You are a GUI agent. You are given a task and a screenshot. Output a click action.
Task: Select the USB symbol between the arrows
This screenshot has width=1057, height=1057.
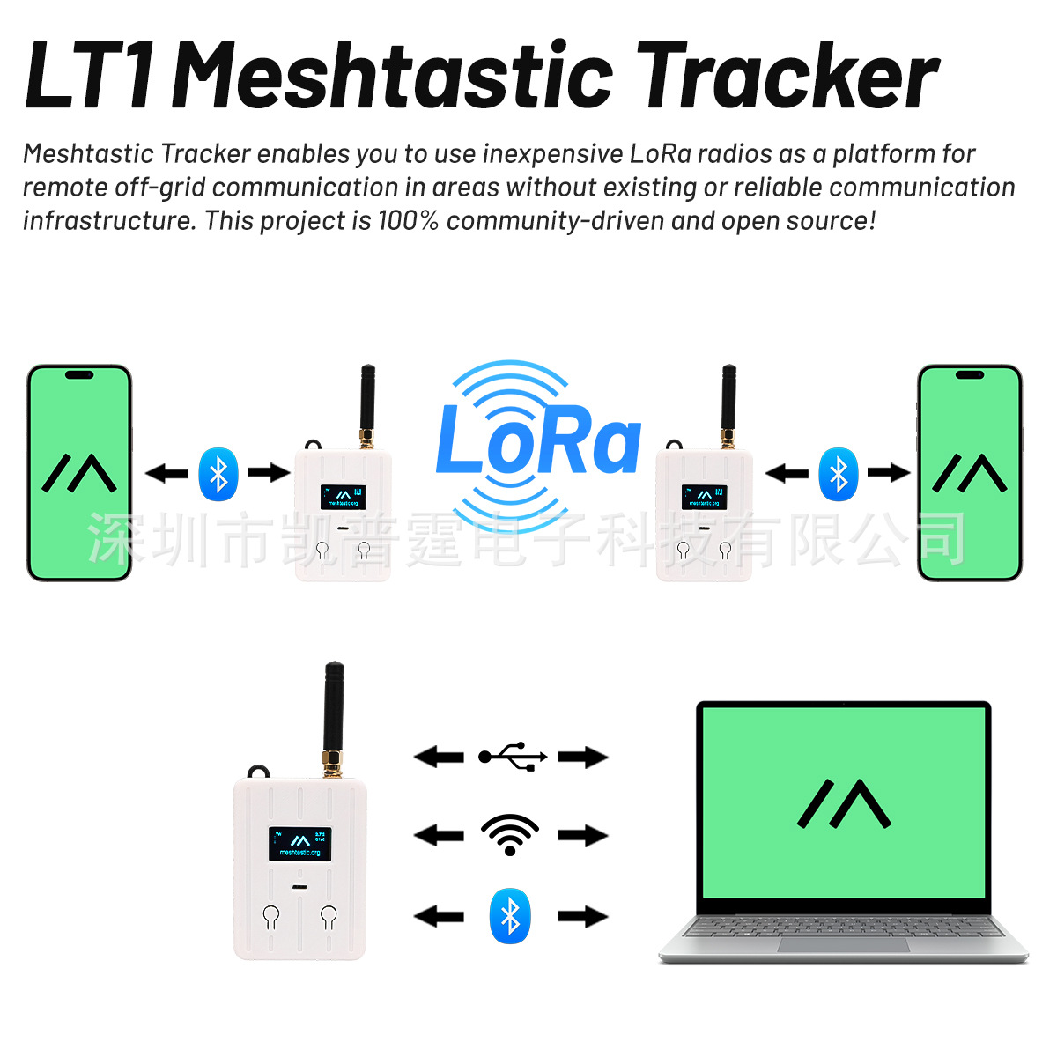[513, 757]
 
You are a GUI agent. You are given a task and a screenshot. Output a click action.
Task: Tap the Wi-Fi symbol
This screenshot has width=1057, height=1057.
[510, 835]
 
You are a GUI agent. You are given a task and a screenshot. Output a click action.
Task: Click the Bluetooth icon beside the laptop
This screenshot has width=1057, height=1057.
[510, 916]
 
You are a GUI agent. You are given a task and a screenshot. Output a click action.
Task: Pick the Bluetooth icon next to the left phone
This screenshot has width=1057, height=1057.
[218, 474]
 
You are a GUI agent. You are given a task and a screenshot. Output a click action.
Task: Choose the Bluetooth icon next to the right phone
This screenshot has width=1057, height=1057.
[838, 474]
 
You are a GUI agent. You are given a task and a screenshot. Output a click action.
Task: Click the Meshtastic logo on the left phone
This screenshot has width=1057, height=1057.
[79, 473]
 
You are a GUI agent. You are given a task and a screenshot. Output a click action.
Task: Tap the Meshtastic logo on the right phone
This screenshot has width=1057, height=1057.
[969, 473]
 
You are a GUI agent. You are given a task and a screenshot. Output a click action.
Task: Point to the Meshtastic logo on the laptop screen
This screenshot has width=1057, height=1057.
[844, 803]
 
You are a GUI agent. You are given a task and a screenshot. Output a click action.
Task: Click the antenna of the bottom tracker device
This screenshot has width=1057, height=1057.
[334, 713]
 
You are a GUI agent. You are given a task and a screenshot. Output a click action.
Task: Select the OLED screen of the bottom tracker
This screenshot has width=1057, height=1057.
[299, 844]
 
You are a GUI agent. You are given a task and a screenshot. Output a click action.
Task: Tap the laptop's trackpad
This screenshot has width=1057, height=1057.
[843, 944]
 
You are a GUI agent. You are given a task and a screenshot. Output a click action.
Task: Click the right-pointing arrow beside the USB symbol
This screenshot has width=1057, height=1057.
[583, 757]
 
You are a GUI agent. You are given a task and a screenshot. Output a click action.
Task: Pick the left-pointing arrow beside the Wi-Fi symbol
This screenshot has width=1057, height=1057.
[439, 835]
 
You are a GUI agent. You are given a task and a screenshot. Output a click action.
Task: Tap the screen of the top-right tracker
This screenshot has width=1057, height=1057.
[705, 497]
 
